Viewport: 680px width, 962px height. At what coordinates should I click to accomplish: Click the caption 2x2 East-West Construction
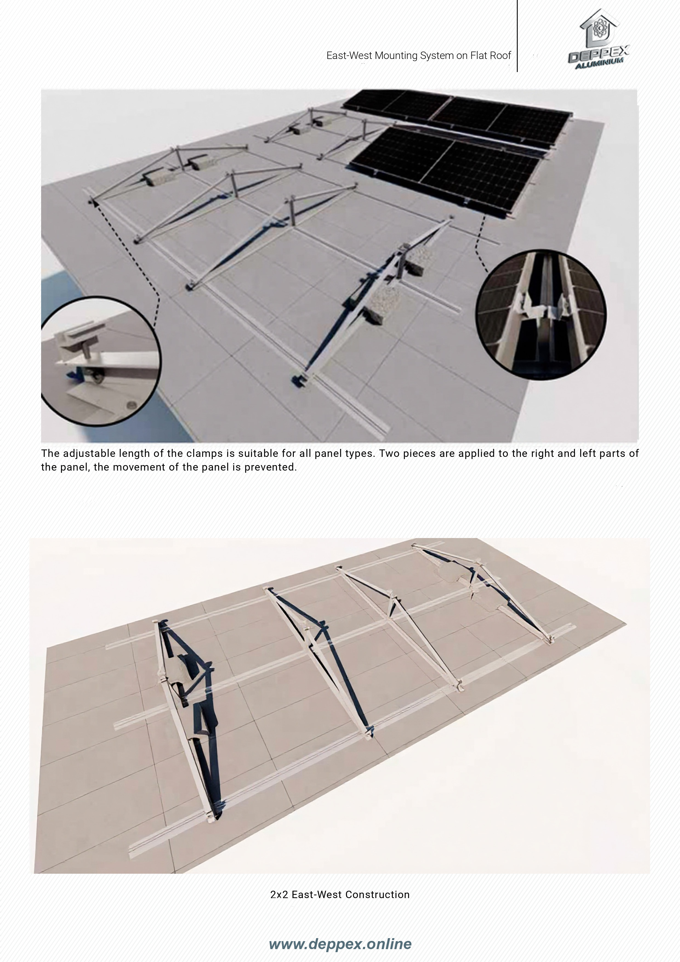340,895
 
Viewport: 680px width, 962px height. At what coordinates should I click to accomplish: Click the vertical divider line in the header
517,36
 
